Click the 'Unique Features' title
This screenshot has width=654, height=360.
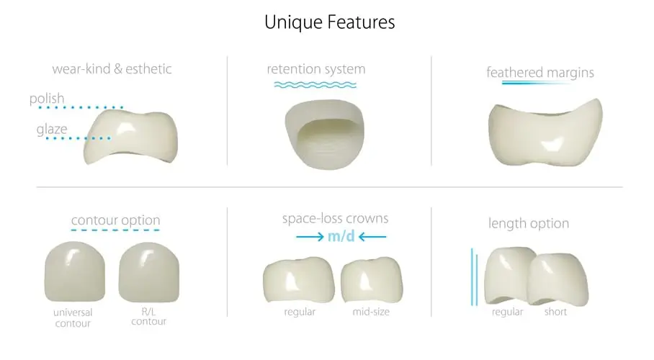pos(329,22)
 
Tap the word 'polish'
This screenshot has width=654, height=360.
pos(47,99)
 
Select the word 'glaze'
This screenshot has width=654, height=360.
pos(52,130)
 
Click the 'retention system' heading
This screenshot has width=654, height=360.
pos(316,69)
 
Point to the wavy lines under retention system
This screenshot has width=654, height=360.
pos(315,85)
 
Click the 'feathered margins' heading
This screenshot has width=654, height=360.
pos(540,73)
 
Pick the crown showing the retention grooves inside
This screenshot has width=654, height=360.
pos(325,135)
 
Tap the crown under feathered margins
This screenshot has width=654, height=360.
pos(545,132)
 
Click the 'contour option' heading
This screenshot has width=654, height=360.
pos(115,220)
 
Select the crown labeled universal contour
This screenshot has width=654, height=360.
pos(75,271)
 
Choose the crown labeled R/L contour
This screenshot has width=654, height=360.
pos(149,272)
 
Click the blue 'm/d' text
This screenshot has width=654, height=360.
pos(341,237)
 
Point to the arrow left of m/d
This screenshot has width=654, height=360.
pos(310,237)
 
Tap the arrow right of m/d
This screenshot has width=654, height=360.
pos(372,237)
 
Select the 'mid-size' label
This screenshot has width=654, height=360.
pos(371,312)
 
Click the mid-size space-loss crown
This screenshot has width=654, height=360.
pos(372,279)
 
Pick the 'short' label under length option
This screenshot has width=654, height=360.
pos(555,312)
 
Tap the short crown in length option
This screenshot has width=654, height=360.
pos(558,279)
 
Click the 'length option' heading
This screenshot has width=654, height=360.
pos(529,224)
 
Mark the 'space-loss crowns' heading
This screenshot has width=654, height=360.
pos(336,219)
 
